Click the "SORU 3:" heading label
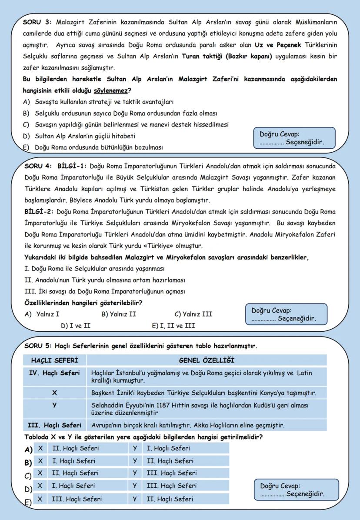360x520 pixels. (38, 22)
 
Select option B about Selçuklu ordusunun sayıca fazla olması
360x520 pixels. (120, 113)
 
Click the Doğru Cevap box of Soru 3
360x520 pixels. (294, 139)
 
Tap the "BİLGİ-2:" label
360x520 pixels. (39, 212)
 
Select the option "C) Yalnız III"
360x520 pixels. (193, 314)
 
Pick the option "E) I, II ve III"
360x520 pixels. (173, 325)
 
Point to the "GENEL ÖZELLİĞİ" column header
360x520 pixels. (207, 360)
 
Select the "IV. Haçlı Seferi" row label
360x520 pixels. (54, 373)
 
